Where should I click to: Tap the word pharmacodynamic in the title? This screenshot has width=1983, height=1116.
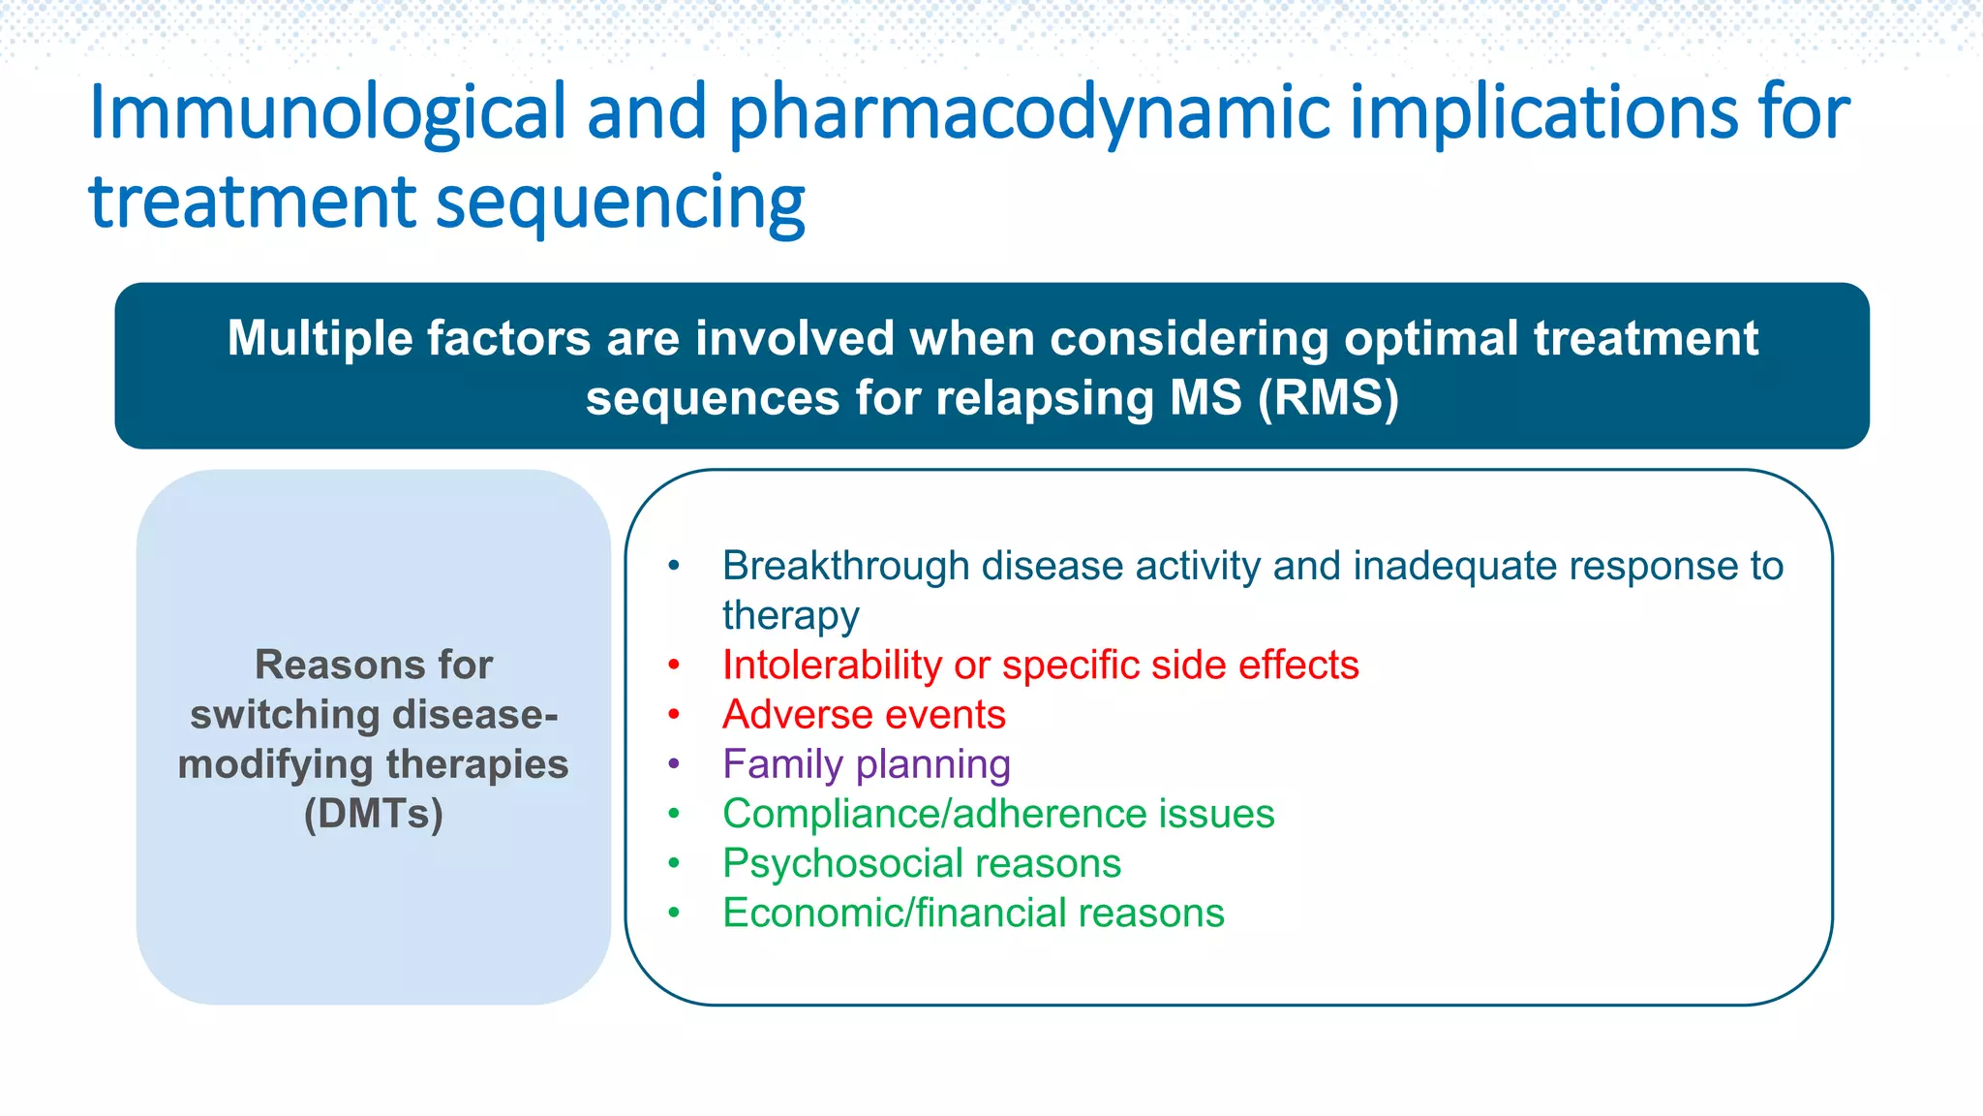point(1028,114)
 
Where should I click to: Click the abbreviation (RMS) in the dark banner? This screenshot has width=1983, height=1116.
point(1328,398)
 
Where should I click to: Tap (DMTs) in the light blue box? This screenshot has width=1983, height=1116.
point(374,814)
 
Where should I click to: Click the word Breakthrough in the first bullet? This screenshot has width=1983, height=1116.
point(845,566)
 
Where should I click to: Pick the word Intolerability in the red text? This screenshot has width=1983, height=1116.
point(831,666)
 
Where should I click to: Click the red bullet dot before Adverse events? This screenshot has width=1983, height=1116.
point(674,715)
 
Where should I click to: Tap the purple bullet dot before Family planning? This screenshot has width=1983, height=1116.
point(674,764)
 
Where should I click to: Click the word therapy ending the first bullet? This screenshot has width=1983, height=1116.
point(790,616)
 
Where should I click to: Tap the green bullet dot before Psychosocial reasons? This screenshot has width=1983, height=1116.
point(674,863)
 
